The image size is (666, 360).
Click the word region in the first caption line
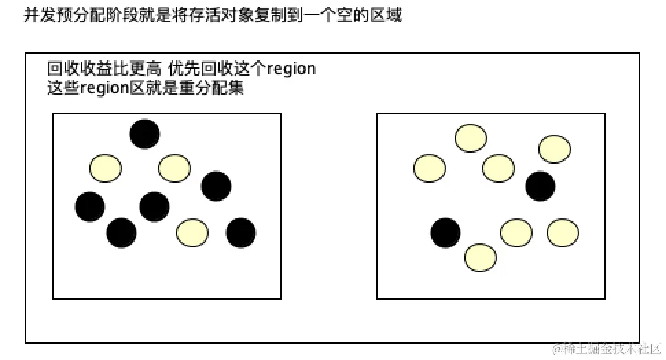coord(291,69)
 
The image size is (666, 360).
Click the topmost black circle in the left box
coord(145,134)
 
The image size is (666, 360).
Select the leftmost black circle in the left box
coord(90,206)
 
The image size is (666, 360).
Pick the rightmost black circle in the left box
coord(241,233)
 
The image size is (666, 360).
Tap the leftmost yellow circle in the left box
coord(106,168)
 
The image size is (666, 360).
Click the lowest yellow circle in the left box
coord(192,233)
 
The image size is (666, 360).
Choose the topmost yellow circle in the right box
coord(471,138)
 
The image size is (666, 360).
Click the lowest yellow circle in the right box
coord(481,258)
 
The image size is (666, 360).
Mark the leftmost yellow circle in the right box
coord(430,168)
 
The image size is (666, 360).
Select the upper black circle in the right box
coord(540,186)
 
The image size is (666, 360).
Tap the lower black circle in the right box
coord(446,233)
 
